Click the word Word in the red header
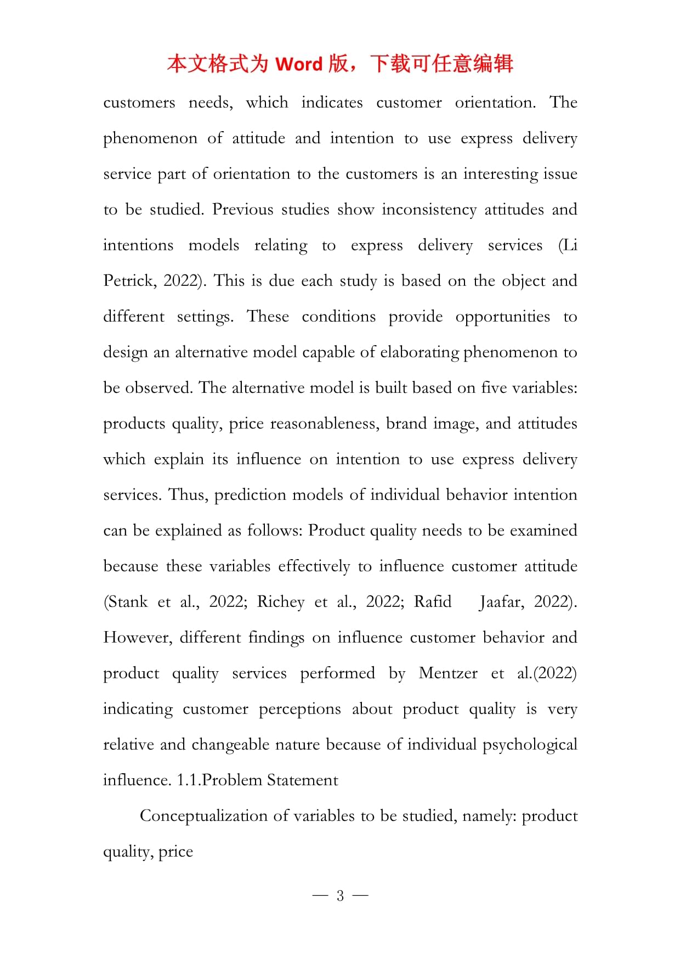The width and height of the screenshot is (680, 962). click(299, 64)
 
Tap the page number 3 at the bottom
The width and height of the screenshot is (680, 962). click(340, 896)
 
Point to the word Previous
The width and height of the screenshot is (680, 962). click(242, 209)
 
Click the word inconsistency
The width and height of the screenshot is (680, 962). click(429, 210)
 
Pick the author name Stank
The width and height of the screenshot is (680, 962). click(126, 601)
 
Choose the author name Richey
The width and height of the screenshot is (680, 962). click(280, 602)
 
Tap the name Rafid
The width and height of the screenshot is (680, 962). click(432, 601)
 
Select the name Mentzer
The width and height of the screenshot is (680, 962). click(447, 673)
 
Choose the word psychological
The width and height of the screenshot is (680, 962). click(529, 745)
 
